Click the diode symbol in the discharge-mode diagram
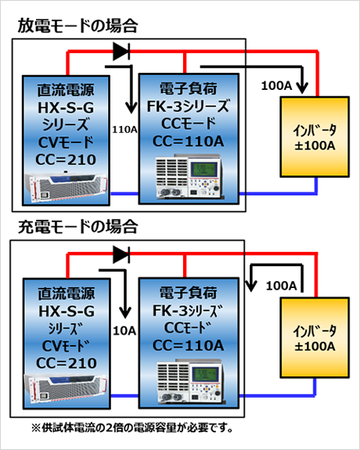[x=121, y=52]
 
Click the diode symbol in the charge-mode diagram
[x=121, y=254]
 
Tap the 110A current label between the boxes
[x=124, y=130]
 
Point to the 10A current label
[x=124, y=331]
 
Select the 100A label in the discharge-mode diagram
[x=276, y=85]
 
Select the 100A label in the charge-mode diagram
[x=281, y=286]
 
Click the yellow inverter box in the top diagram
[x=315, y=137]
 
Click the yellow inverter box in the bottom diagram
[x=315, y=337]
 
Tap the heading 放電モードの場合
[x=77, y=26]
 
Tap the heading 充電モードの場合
[x=77, y=226]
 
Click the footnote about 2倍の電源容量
[x=132, y=428]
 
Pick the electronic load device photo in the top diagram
[x=189, y=177]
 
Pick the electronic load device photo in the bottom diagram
[x=190, y=380]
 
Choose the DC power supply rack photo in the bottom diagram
[x=66, y=390]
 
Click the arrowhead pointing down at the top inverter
[x=302, y=88]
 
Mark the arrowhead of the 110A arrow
[x=131, y=108]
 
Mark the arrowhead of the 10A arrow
[x=125, y=312]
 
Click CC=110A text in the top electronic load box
[x=189, y=142]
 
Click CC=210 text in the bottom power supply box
[x=67, y=363]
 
